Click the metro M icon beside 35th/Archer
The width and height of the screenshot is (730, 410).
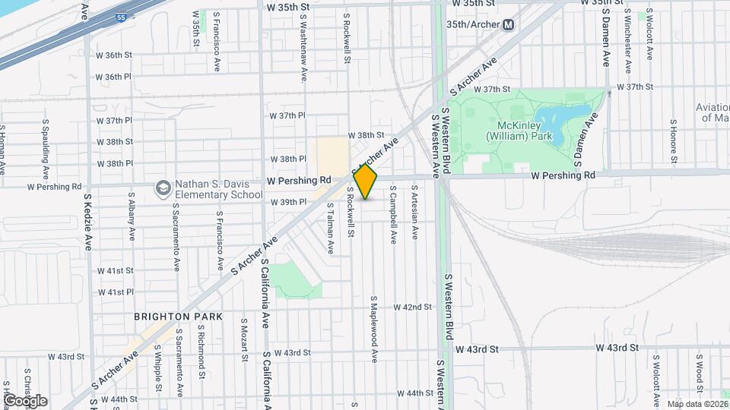(x=509, y=24)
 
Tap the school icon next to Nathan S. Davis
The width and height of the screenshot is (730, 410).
(x=163, y=187)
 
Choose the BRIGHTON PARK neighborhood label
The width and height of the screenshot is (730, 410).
(x=178, y=316)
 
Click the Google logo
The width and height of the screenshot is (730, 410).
(x=25, y=400)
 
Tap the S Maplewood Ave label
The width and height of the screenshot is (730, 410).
(x=374, y=329)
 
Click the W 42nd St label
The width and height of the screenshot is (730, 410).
(x=412, y=307)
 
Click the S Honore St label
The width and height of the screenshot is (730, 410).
(x=674, y=141)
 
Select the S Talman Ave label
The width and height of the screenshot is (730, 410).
(x=330, y=228)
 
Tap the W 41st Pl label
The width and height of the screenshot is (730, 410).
(x=115, y=292)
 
